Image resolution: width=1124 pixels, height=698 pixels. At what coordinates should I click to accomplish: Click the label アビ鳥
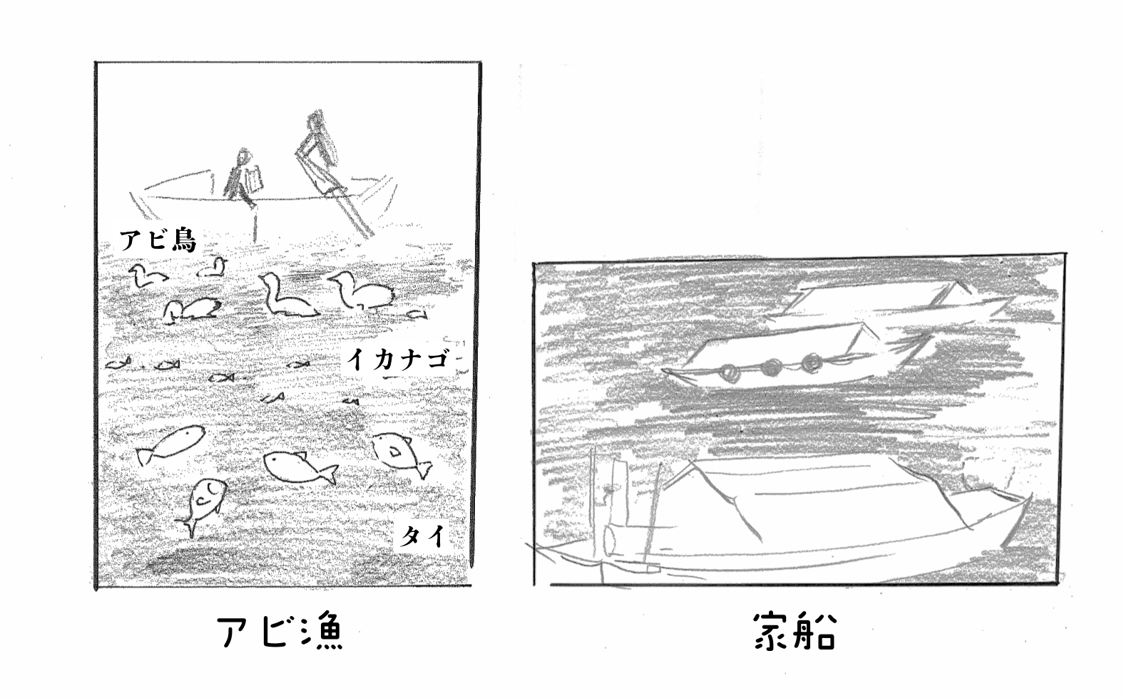click(158, 240)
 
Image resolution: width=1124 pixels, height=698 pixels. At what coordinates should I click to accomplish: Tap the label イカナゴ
click(397, 359)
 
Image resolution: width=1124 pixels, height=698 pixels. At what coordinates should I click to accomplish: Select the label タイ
click(422, 536)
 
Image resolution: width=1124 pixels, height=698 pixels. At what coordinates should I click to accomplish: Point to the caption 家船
click(795, 630)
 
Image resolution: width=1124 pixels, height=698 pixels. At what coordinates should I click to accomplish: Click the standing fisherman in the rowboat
click(318, 150)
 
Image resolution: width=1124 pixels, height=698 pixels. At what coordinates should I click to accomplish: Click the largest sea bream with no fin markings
click(170, 444)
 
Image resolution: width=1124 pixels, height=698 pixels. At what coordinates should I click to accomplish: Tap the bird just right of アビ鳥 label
click(212, 268)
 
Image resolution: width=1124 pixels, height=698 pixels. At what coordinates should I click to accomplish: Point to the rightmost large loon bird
click(362, 291)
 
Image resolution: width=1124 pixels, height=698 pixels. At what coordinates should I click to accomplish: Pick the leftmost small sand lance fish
click(118, 363)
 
